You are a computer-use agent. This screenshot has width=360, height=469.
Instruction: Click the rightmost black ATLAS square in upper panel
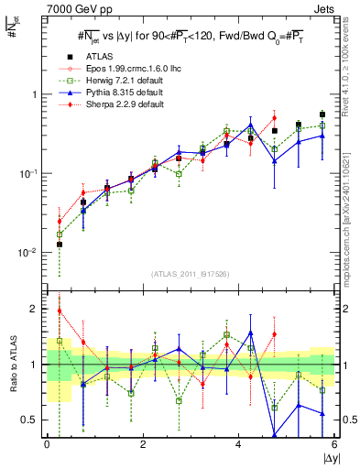(322, 115)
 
